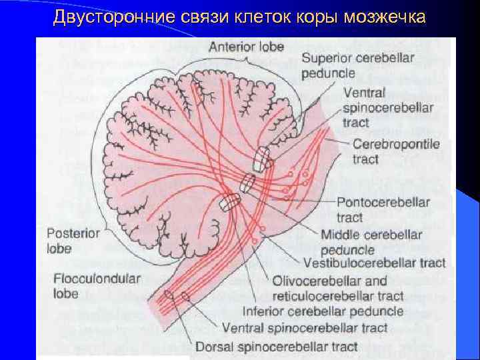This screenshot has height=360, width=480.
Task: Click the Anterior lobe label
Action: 246,47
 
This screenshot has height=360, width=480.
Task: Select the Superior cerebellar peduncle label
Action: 357,65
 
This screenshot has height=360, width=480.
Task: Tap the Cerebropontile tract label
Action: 396,152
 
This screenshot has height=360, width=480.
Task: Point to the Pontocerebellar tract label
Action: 383,209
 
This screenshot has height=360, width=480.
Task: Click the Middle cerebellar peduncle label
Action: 371,242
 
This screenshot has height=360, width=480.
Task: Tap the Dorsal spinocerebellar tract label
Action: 277,347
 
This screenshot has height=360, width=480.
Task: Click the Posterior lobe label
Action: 73,241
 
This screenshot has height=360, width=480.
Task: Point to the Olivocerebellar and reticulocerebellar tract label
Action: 338,287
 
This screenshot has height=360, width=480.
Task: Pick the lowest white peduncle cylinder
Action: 231,202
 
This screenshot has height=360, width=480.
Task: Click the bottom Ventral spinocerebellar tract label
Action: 304,328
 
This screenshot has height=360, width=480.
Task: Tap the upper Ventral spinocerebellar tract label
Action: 387,108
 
